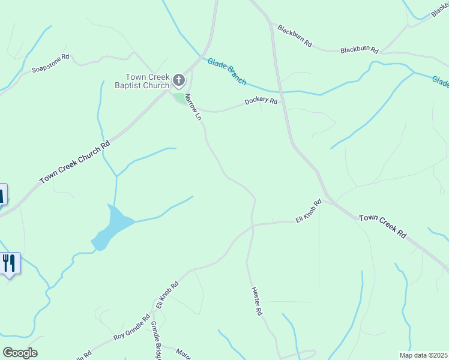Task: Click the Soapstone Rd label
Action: pyautogui.click(x=51, y=64)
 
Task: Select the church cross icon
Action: pyautogui.click(x=179, y=80)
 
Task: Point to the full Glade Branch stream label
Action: pyautogui.click(x=227, y=71)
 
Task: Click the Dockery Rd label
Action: pyautogui.click(x=261, y=101)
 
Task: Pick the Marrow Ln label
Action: pyautogui.click(x=192, y=107)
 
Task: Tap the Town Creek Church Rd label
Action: pyautogui.click(x=76, y=162)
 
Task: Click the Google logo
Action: pyautogui.click(x=20, y=353)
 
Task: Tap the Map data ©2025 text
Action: pyautogui.click(x=423, y=355)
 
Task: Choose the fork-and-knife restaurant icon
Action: pyautogui.click(x=9, y=263)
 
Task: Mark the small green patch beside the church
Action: pyautogui.click(x=179, y=97)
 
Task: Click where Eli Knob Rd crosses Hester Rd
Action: pyautogui.click(x=253, y=225)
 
